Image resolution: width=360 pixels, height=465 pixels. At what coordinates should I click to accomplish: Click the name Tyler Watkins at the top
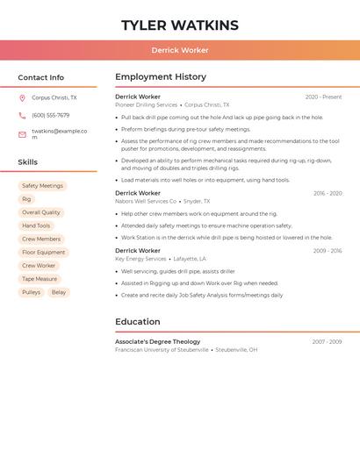click(x=179, y=25)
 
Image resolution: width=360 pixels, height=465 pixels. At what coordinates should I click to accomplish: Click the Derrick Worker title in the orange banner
click(x=179, y=50)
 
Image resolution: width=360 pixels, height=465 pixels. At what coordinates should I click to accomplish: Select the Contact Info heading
click(x=41, y=77)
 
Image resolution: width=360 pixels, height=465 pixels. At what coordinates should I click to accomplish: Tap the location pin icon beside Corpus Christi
click(x=22, y=98)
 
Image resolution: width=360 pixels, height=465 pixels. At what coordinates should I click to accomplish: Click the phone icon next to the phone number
click(x=22, y=115)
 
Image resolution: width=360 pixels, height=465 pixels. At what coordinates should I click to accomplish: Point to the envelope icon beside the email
click(x=22, y=134)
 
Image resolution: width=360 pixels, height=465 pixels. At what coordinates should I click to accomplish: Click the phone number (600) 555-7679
click(x=50, y=115)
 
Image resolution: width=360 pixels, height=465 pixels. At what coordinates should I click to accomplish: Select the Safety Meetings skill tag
click(x=42, y=186)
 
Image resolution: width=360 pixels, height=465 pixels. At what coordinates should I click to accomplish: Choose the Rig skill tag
click(x=26, y=199)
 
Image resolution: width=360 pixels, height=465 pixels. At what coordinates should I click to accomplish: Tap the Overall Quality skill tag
click(x=41, y=212)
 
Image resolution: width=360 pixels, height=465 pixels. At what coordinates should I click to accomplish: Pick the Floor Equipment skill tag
click(x=44, y=253)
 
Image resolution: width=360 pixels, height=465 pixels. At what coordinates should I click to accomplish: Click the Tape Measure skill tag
click(x=40, y=279)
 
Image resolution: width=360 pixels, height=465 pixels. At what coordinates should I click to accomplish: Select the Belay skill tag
click(x=59, y=292)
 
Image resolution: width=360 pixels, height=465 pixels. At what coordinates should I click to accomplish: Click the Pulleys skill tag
click(x=31, y=292)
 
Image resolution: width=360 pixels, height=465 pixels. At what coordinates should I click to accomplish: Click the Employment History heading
click(x=161, y=76)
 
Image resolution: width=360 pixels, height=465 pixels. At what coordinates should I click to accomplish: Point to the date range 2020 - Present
click(x=323, y=97)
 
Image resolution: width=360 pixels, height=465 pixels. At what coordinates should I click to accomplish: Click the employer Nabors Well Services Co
click(x=146, y=201)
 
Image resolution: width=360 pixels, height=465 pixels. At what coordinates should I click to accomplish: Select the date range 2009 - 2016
click(x=327, y=251)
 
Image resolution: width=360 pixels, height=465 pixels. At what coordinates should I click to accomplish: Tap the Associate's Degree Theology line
click(x=157, y=341)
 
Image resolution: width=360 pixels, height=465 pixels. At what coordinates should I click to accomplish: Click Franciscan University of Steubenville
click(x=162, y=350)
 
